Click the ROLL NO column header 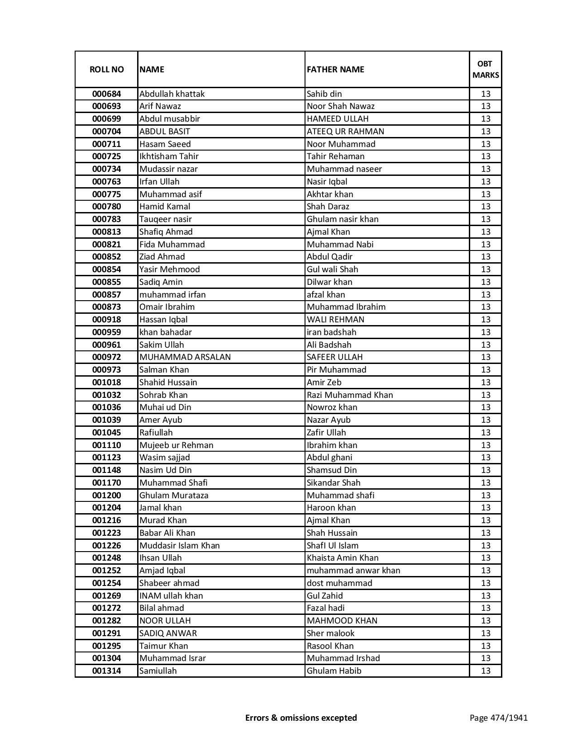point(106,69)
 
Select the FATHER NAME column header point(335,69)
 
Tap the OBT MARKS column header point(486,69)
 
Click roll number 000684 point(106,94)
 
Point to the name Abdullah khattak point(172,94)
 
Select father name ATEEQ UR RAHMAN point(345,132)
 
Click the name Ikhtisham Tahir point(169,156)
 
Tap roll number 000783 point(106,219)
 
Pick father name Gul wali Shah point(332,269)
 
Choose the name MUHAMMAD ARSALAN point(185,357)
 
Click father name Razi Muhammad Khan point(350,395)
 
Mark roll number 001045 point(106,433)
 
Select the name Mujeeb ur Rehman point(176,445)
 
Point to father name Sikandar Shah point(334,483)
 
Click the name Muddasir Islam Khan point(179,546)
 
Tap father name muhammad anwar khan point(353,571)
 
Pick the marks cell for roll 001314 point(486,671)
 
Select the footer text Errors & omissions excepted point(301,718)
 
